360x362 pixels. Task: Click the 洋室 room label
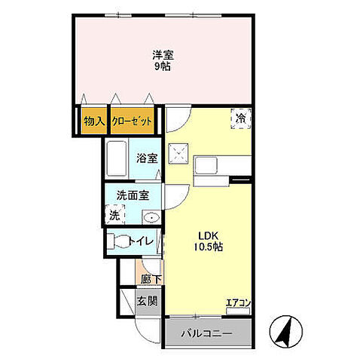pos(163,55)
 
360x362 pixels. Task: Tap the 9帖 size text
pos(163,66)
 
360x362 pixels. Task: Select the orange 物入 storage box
pos(94,121)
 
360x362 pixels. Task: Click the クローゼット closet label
pos(132,121)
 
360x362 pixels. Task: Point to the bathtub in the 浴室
pos(117,158)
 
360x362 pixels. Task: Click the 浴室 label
pos(147,158)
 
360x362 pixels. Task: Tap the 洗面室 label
pos(133,195)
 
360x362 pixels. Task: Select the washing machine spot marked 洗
pos(114,214)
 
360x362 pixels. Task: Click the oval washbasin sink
pos(151,217)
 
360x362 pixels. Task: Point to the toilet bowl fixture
pos(118,241)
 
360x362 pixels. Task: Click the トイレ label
pos(142,241)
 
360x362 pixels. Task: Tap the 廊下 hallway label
pos(151,280)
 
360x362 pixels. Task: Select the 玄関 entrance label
pos(148,301)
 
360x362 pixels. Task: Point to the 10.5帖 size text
pos(208,247)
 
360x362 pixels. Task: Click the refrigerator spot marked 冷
pos(241,118)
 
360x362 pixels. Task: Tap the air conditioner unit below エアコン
pos(238,311)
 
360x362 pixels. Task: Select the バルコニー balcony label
pos(206,334)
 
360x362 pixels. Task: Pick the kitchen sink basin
pos(206,166)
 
